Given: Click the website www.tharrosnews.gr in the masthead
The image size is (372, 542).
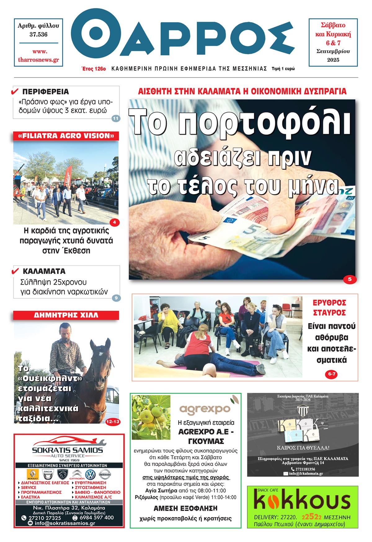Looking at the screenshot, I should (x=38, y=56).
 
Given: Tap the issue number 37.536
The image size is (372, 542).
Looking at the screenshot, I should (x=38, y=34).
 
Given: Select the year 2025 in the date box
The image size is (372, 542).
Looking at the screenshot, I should (x=333, y=60).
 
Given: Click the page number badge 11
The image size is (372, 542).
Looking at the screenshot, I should (x=116, y=118).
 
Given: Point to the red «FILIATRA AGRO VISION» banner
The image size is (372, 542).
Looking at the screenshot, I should (x=66, y=136).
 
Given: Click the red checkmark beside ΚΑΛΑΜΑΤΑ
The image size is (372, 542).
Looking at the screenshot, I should (x=15, y=271).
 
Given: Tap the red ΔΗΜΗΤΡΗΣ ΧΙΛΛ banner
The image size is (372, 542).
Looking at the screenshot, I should (x=66, y=315).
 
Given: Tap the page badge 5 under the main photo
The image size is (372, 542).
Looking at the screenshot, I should (x=349, y=279).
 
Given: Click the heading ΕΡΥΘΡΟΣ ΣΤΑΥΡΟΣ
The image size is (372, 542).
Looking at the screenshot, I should (x=329, y=307).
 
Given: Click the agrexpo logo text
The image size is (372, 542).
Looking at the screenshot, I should (x=205, y=409).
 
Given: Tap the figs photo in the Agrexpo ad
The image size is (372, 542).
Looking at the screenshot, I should (x=151, y=417).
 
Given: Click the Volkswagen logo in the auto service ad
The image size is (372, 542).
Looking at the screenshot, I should (x=90, y=475).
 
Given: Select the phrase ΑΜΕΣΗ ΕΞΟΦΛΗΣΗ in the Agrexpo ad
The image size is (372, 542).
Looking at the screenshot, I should (x=185, y=508).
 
